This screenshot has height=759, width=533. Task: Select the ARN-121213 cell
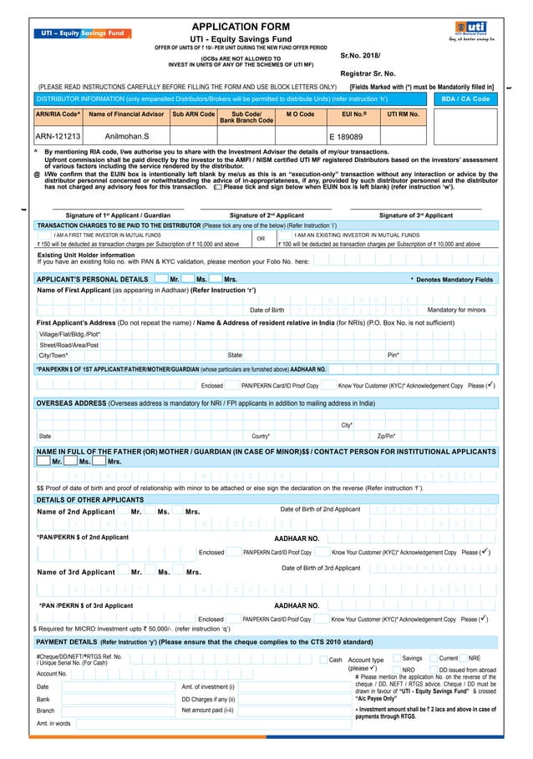click(x=58, y=135)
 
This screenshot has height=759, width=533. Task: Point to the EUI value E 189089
click(x=346, y=135)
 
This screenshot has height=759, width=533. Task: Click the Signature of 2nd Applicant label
click(x=266, y=215)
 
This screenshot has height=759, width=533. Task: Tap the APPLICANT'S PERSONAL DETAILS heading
click(x=93, y=279)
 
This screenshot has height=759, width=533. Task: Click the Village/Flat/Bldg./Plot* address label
click(x=69, y=333)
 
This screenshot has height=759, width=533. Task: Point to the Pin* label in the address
click(x=393, y=355)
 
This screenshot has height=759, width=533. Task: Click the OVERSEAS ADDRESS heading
click(x=72, y=402)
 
